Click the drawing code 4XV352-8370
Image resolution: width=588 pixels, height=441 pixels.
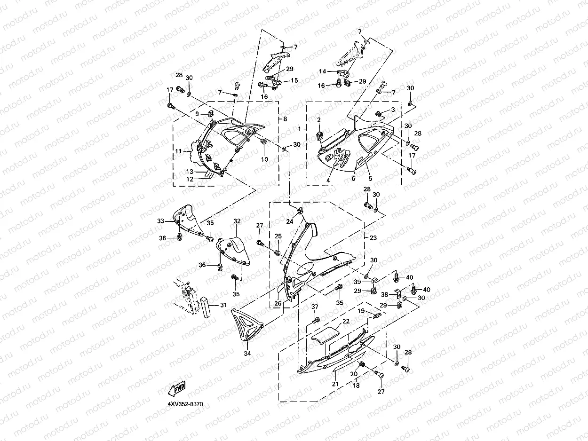(x=188, y=404)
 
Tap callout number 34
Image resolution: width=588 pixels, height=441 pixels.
(x=247, y=353)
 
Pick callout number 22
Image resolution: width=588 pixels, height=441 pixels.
(x=346, y=322)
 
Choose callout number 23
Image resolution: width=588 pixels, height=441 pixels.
(x=373, y=238)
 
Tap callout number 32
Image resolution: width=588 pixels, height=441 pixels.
(x=237, y=221)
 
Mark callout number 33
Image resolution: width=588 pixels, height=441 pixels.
(x=160, y=221)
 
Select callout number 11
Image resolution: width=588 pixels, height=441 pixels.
(x=179, y=151)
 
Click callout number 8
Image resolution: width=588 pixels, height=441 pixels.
(x=285, y=119)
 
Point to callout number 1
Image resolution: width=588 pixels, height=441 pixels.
(x=300, y=128)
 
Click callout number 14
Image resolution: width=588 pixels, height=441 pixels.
(x=322, y=71)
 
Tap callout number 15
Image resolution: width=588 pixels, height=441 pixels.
(x=294, y=80)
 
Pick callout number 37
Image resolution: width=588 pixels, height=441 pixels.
(x=315, y=307)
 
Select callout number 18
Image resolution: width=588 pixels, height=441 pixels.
(x=356, y=385)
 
